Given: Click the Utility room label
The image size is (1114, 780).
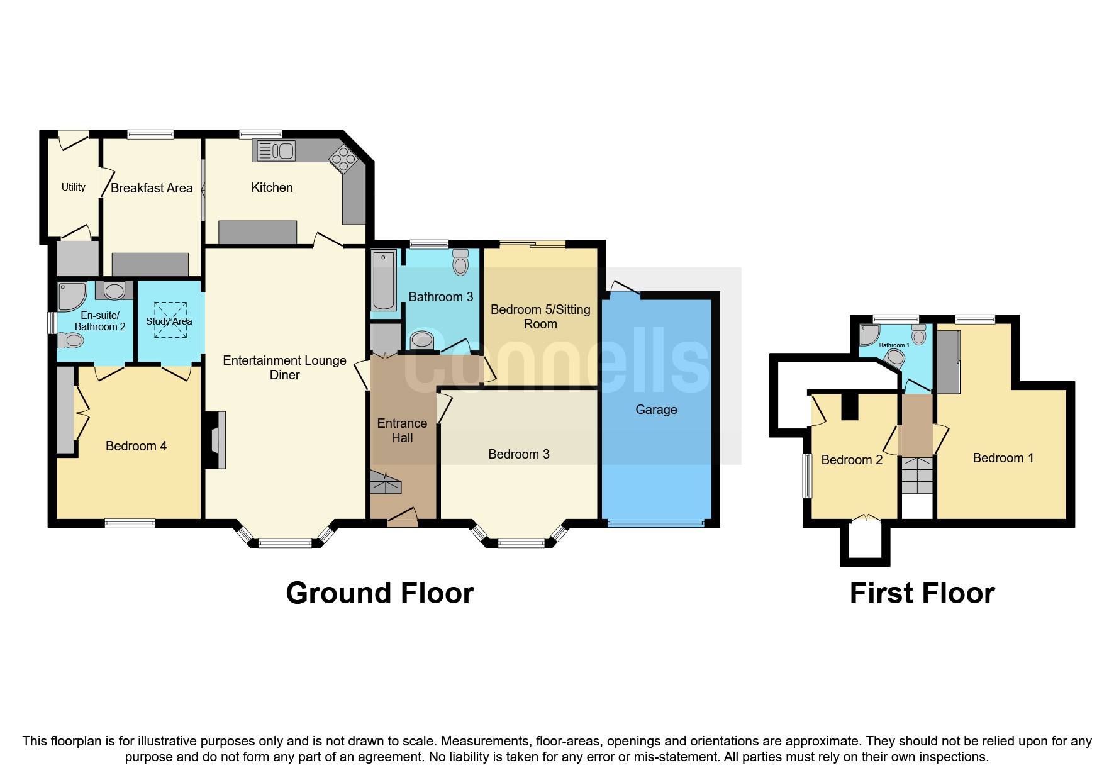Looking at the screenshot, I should click(x=74, y=187).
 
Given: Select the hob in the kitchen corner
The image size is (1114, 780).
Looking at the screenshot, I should click(x=343, y=159).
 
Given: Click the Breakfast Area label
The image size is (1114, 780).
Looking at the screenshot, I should click(x=152, y=188).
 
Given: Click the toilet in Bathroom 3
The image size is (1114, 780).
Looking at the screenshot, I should click(x=460, y=262).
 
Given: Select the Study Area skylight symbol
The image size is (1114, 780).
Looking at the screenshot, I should click(x=170, y=320).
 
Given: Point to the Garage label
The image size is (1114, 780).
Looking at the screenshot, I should click(x=656, y=409).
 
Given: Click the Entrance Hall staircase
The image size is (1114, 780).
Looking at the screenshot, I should click(x=385, y=483).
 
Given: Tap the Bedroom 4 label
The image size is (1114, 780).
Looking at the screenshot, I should click(x=136, y=446).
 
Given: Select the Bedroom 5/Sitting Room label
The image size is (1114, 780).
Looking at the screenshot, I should click(x=540, y=316).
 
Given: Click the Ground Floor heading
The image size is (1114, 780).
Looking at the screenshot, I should click(x=379, y=593).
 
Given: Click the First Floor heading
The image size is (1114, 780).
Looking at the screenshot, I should click(x=922, y=593).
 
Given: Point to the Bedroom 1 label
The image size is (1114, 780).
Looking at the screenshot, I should click(x=1003, y=458).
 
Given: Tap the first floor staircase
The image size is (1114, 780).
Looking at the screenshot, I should click(x=917, y=476).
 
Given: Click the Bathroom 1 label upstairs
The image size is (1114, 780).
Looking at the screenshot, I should click(x=894, y=345).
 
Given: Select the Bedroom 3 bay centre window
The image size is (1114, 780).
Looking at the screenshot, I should click(x=521, y=543).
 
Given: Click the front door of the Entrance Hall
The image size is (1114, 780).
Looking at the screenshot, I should click(x=403, y=518).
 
